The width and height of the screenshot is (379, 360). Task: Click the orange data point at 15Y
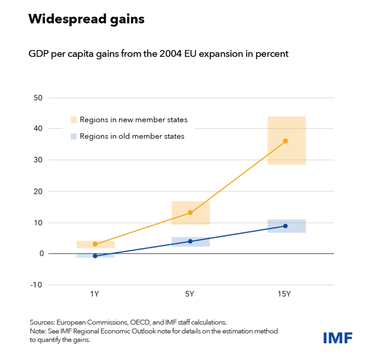click(285, 141)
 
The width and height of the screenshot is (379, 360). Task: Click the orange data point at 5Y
click(190, 212)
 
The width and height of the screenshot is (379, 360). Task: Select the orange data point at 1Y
click(95, 244)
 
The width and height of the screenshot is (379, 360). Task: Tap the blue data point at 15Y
click(285, 226)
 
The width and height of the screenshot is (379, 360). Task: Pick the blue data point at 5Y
click(190, 241)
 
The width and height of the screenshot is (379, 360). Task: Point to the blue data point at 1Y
click(95, 256)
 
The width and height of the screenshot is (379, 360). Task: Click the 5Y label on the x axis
click(190, 294)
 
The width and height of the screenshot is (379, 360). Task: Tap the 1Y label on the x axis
click(95, 294)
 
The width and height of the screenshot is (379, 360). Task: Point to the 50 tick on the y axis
click(38, 98)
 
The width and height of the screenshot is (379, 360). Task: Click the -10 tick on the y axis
click(36, 285)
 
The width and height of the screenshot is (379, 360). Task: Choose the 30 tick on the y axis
click(38, 160)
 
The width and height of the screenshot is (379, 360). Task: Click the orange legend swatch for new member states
click(74, 119)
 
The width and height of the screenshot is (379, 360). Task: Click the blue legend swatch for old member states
click(74, 136)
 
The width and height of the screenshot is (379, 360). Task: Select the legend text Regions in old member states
click(132, 136)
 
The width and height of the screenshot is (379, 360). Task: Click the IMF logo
click(338, 338)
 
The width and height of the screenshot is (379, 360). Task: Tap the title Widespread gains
click(86, 19)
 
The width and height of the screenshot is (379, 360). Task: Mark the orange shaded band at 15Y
click(286, 153)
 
